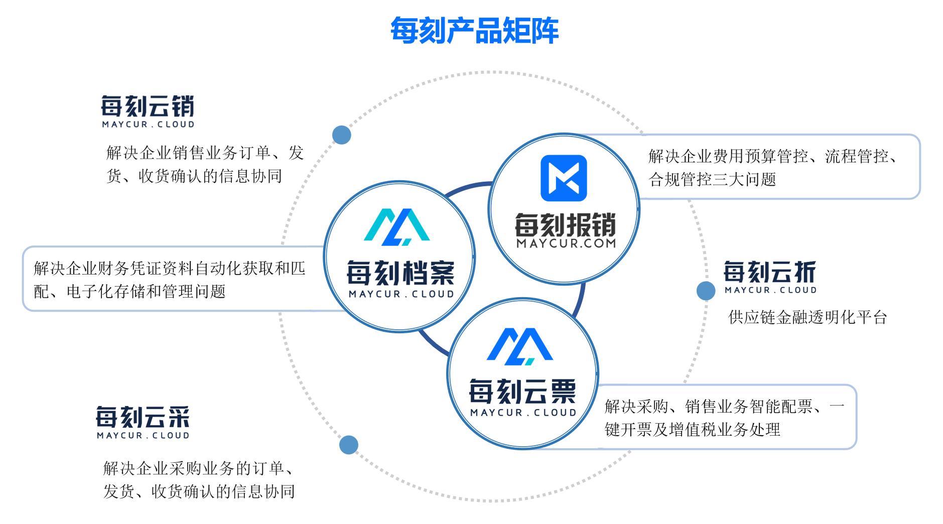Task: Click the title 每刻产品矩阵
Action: [474, 31]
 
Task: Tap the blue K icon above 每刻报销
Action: [564, 178]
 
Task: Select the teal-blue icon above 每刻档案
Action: [396, 227]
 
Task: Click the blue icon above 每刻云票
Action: [520, 347]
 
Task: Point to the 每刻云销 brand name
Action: [148, 106]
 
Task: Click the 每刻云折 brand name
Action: [770, 272]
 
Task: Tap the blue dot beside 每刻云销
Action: [342, 135]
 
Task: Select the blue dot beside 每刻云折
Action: [706, 291]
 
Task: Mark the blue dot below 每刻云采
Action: [348, 445]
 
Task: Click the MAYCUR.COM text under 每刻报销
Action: [566, 243]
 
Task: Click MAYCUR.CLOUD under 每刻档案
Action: [401, 294]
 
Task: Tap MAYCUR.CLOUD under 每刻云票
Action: [523, 413]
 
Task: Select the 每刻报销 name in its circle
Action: [566, 225]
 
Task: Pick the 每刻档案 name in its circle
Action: [400, 274]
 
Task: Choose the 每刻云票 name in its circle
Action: [522, 392]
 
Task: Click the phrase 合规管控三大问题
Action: [713, 179]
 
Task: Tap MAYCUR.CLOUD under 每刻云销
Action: [148, 124]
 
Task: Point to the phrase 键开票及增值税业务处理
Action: [693, 430]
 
